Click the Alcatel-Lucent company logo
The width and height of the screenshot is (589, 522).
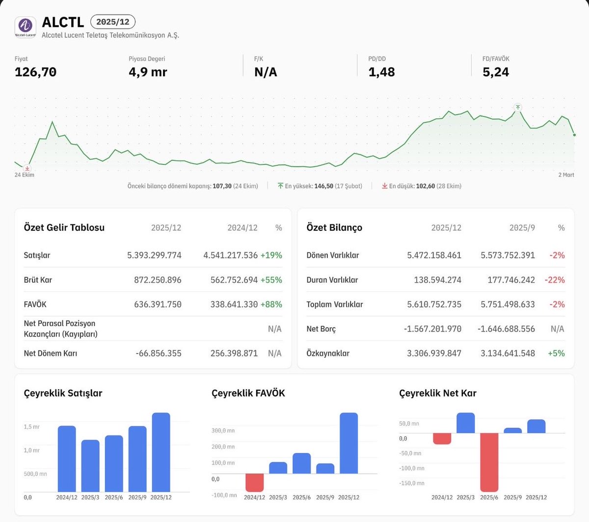click(x=26, y=27)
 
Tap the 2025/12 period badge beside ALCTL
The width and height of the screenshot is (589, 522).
click(x=113, y=22)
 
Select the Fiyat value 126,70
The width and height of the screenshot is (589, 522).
click(x=35, y=72)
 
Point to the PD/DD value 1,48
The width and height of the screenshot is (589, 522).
click(x=381, y=72)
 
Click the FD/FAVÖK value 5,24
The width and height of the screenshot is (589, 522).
click(x=496, y=72)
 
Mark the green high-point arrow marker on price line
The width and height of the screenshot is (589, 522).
click(x=518, y=108)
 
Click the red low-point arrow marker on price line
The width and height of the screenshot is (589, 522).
click(x=27, y=168)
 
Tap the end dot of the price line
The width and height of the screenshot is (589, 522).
click(x=574, y=135)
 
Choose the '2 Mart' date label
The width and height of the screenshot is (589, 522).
click(x=566, y=175)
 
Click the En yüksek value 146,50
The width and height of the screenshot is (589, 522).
click(x=323, y=186)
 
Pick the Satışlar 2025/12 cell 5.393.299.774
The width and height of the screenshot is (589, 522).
click(x=154, y=255)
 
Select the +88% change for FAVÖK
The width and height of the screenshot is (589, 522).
click(x=271, y=304)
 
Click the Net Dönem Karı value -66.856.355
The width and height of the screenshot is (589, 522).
click(x=159, y=354)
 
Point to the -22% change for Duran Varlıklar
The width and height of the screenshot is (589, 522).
click(x=555, y=280)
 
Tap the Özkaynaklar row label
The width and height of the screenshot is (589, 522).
click(x=328, y=354)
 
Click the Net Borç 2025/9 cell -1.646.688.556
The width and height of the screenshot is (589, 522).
click(x=506, y=329)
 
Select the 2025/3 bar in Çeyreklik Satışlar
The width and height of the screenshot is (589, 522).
click(x=90, y=466)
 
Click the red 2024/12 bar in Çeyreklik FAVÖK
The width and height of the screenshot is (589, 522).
click(x=254, y=482)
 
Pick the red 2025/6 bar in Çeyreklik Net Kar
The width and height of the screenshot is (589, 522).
click(x=489, y=462)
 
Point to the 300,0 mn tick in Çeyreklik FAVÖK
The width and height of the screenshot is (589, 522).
click(x=223, y=430)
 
